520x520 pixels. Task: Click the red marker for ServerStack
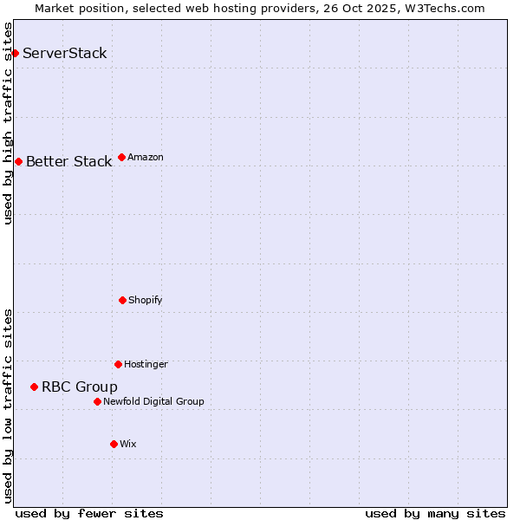click(15, 53)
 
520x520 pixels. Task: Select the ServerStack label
click(65, 53)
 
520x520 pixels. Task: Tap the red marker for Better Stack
click(18, 161)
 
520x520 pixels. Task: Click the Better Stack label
click(68, 161)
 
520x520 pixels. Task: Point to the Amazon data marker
click(121, 157)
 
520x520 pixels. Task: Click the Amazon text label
click(146, 157)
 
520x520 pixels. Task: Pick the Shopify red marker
click(122, 300)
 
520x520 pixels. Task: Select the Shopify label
click(146, 300)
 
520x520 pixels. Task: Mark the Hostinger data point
click(118, 364)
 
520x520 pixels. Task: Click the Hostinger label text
click(146, 364)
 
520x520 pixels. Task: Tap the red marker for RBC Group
click(34, 387)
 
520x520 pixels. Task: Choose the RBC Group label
click(80, 387)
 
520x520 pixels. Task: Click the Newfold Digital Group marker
click(97, 401)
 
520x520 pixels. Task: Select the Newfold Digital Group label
click(153, 401)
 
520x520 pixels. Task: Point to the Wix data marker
click(114, 444)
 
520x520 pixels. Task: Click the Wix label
click(128, 444)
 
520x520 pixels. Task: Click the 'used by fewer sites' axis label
click(89, 513)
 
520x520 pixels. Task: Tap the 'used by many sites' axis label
click(435, 513)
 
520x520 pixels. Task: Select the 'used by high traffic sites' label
click(8, 123)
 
